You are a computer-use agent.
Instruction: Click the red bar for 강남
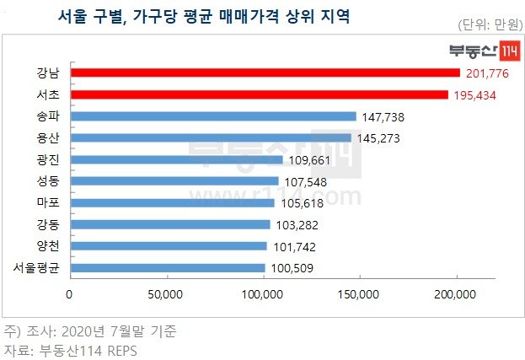[265, 73]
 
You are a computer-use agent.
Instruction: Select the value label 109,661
[311, 160]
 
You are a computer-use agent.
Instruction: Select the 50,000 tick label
[167, 294]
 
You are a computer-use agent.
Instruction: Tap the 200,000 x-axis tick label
[457, 294]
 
